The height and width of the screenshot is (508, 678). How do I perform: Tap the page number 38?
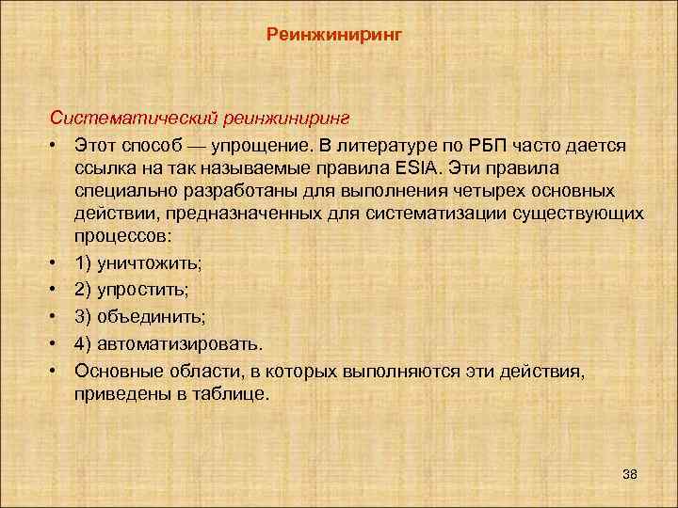click(x=630, y=474)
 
